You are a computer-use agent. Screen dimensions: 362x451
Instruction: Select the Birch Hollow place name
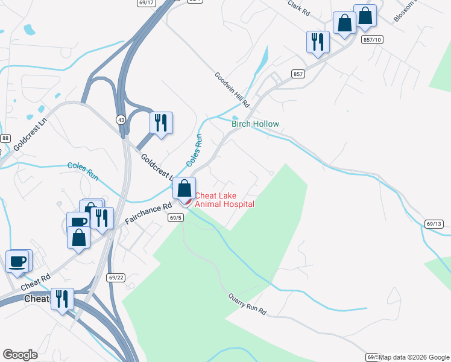(256, 124)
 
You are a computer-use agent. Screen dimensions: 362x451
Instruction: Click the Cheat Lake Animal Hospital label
(224, 200)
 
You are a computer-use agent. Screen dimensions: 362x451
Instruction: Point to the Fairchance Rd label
(148, 214)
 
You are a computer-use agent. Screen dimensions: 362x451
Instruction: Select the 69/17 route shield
(146, 2)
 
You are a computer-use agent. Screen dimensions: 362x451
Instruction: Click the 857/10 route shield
(373, 39)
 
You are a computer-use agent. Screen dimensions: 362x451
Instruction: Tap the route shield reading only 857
(297, 74)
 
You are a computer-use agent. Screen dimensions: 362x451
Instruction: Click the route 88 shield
(5, 139)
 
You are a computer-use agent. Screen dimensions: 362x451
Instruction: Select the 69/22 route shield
(116, 278)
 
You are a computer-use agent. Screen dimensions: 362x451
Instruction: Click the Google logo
(20, 355)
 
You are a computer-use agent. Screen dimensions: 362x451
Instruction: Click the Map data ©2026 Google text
(414, 357)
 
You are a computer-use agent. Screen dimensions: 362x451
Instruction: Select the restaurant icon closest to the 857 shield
(318, 42)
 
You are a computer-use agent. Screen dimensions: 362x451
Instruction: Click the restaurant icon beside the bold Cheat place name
(62, 299)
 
